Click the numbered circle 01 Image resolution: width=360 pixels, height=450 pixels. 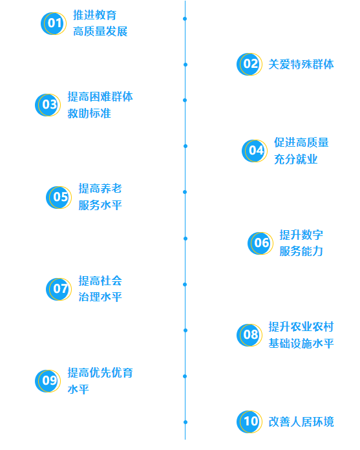coord(54,23)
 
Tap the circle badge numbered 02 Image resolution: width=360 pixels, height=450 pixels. coord(249,64)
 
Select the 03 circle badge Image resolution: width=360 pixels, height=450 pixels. coord(48,105)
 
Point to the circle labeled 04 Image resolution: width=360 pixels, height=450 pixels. coord(255,151)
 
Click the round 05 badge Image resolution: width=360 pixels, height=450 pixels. coord(59,197)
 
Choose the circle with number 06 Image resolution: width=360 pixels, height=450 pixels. coord(260,243)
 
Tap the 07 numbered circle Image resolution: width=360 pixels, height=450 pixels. coord(59,289)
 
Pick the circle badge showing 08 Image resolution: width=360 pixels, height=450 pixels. coord(249,335)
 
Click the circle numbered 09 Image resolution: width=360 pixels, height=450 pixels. coord(48,381)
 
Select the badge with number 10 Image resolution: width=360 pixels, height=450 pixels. coord(249,422)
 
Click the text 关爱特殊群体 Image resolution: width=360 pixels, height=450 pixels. coord(301,64)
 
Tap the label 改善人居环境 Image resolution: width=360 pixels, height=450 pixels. coord(301,422)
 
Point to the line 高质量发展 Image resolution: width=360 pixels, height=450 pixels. coord(100,31)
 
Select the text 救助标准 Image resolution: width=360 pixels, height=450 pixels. coord(89,113)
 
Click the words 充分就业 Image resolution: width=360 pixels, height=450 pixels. coord(296,159)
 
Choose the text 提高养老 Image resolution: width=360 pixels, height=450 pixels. coord(100,189)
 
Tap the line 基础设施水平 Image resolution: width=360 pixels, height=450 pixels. coord(301,343)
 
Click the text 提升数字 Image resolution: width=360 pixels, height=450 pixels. coord(301,235)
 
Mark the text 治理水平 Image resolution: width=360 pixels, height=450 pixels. coord(100,297)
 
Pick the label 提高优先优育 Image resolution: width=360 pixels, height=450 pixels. coord(100,373)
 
